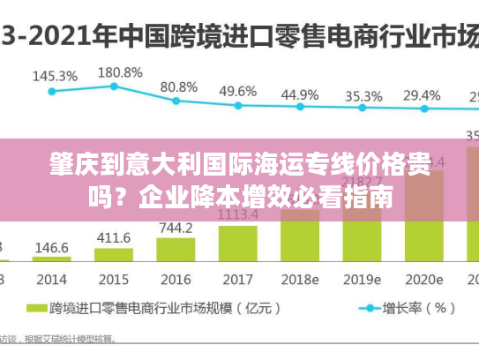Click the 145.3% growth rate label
click(x=55, y=76)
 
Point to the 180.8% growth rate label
click(x=117, y=71)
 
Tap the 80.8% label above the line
click(x=179, y=86)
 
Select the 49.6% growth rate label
click(x=237, y=91)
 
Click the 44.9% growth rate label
click(x=301, y=94)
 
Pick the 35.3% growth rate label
click(x=363, y=95)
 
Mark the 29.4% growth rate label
click(x=423, y=95)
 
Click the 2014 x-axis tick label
click(x=51, y=279)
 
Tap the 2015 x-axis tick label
click(x=113, y=279)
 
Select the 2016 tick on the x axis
click(x=175, y=279)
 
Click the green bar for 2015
click(x=112, y=256)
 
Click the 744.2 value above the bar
click(x=176, y=228)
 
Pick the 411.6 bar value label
click(x=114, y=238)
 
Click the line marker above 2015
click(x=114, y=86)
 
